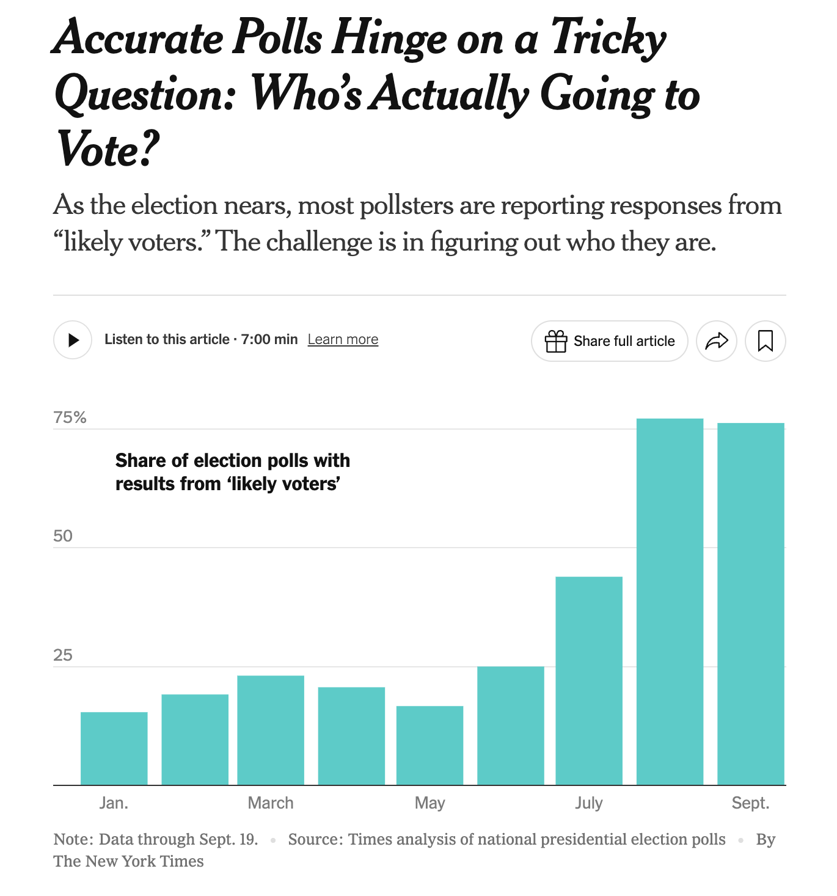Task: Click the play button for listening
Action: tap(73, 340)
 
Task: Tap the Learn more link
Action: tap(343, 339)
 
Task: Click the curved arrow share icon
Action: tap(716, 340)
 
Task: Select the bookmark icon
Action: tap(765, 340)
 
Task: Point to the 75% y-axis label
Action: tap(70, 417)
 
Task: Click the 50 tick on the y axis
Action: tap(63, 536)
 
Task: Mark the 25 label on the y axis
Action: tap(63, 655)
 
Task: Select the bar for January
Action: tap(114, 748)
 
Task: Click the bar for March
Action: tap(271, 730)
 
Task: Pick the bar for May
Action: tap(429, 745)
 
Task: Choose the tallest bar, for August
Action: tap(670, 601)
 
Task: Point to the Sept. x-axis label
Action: tap(750, 802)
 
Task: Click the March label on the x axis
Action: tap(271, 802)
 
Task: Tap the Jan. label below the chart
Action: tap(114, 802)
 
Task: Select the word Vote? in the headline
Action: tap(108, 149)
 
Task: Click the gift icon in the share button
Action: tap(556, 341)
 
